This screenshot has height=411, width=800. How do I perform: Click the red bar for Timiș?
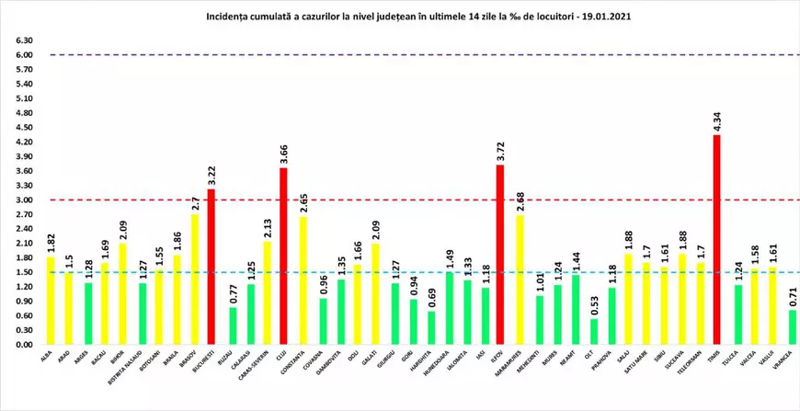716,240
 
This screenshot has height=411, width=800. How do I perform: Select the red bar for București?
211,267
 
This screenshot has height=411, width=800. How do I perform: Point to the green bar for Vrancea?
793,327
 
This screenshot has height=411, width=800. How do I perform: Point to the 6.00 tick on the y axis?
26,55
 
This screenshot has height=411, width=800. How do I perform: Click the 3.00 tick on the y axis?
26,200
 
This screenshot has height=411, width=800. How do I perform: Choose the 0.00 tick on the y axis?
26,345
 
